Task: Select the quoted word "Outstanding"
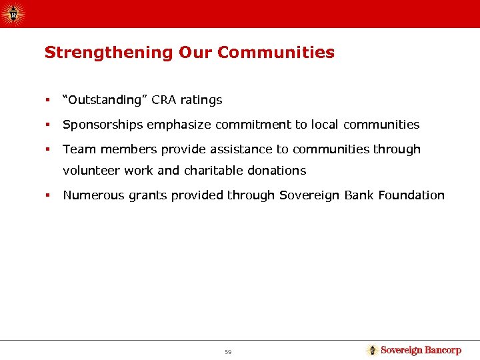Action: coord(105,100)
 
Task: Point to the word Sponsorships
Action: coord(102,125)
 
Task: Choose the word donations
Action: coord(276,171)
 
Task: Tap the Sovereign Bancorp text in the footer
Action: coord(421,350)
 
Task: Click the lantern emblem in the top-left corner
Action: coord(13,13)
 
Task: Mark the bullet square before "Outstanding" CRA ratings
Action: coord(47,101)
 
